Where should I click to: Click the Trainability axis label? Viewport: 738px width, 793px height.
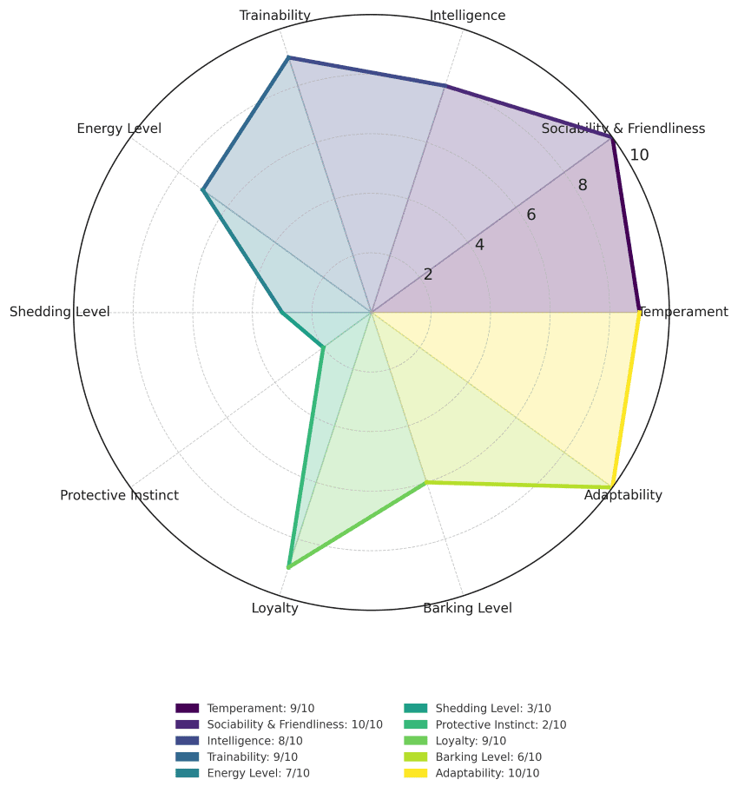275,15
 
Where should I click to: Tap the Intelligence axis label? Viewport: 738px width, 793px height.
467,15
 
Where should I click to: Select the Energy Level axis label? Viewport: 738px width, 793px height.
119,129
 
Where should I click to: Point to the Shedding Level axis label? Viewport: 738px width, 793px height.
60,312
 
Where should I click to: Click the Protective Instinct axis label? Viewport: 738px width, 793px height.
119,495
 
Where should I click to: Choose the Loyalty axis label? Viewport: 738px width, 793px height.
275,608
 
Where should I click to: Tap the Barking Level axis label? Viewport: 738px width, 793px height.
467,608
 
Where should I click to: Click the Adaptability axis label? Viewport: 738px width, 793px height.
623,495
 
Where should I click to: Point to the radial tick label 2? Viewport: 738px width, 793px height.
428,274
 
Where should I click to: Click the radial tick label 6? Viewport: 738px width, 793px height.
530,215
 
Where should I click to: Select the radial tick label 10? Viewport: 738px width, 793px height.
639,155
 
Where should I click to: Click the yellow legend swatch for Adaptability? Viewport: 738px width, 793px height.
415,773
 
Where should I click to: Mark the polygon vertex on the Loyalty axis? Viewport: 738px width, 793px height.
288,567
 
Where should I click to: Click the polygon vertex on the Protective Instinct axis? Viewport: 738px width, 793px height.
324,347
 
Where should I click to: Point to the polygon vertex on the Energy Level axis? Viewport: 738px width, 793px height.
203,190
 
